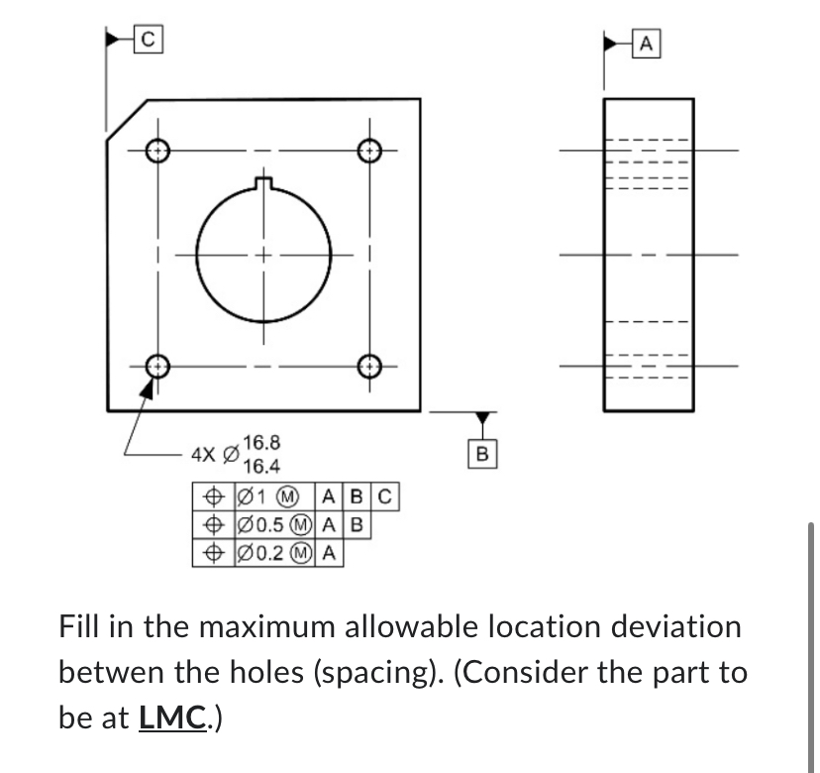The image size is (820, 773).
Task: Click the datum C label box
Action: click(x=148, y=41)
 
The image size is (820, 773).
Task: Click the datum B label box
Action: click(x=482, y=454)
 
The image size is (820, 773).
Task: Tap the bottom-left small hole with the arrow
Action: click(x=155, y=365)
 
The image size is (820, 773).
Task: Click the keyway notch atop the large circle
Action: click(x=262, y=181)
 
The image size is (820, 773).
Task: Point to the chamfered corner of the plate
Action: click(x=126, y=120)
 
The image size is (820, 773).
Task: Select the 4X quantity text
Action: click(x=203, y=455)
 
